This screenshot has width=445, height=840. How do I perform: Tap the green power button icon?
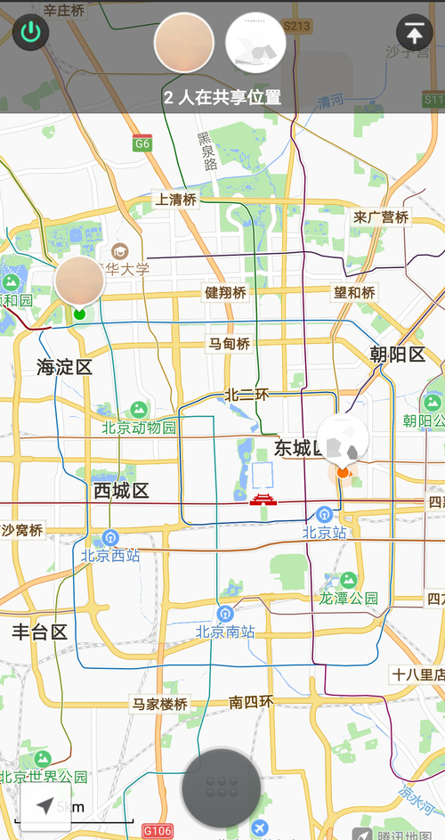point(31,34)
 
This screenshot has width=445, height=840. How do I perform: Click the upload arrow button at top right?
point(414,33)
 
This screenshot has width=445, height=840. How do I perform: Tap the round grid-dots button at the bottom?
point(221,787)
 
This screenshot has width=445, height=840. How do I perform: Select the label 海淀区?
point(64,366)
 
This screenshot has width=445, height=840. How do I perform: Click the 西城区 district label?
point(121,491)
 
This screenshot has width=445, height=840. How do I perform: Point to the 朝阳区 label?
point(397,355)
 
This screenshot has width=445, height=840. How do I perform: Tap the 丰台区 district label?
point(39,632)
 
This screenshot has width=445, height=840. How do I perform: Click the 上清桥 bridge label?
point(175,200)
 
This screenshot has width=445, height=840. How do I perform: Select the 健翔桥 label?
point(225,292)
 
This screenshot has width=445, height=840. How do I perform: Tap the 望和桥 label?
point(354,292)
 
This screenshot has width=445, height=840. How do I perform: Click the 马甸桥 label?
point(229,343)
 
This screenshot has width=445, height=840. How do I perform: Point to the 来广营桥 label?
point(381,217)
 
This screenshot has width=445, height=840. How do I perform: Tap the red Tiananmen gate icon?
point(263,499)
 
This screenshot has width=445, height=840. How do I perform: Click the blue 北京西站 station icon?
point(110,537)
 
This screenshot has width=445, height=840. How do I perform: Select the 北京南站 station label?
point(225,632)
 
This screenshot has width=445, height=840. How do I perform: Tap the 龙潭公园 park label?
point(349,598)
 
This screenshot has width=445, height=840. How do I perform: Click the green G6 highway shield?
point(142,143)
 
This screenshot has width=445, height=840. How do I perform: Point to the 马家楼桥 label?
point(160,704)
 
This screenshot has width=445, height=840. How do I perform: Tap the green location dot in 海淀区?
point(79,314)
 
